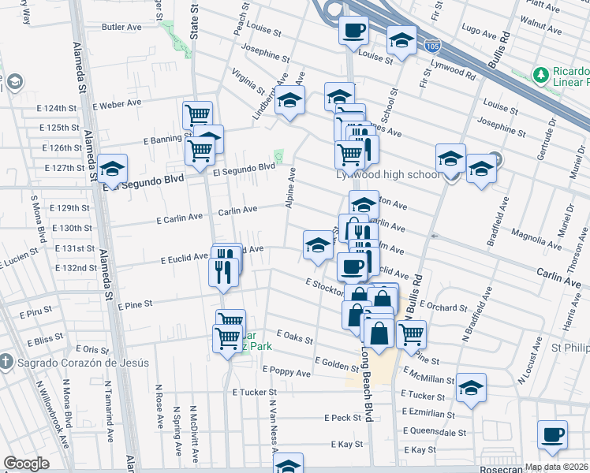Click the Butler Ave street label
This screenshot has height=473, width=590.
tap(122, 27)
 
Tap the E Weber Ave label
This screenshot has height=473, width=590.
tap(117, 103)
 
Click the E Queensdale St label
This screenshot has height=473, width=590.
tap(431, 432)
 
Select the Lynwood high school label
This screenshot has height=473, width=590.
tap(388, 174)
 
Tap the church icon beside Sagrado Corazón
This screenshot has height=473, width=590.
tap(6, 363)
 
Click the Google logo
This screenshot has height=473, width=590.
tap(27, 463)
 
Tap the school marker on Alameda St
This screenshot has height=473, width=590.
tap(113, 168)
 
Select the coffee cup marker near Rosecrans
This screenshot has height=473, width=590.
tap(552, 434)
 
